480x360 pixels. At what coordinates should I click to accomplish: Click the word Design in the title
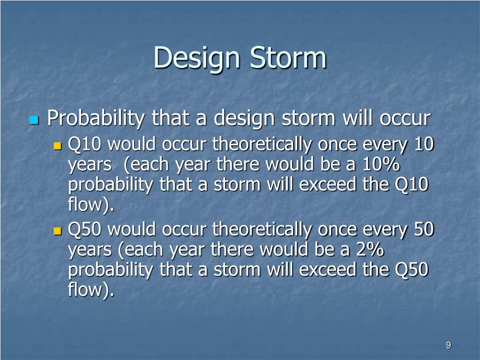[196, 59]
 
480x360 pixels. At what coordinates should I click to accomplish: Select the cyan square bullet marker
[34, 120]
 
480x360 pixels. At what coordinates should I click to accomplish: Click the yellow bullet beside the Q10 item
[57, 146]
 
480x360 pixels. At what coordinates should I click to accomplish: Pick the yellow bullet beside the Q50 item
[57, 231]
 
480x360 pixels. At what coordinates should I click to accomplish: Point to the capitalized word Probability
[96, 119]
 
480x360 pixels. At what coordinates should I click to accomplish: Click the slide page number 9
[449, 345]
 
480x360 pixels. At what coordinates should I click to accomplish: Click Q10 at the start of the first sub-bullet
[84, 144]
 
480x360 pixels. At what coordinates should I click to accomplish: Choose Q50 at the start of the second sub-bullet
[84, 229]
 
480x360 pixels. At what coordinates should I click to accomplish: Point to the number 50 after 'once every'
[424, 229]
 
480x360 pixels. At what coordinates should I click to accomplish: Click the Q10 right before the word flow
[412, 185]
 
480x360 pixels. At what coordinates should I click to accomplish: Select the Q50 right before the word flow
[412, 270]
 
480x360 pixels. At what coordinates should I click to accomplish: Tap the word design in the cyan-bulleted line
[244, 119]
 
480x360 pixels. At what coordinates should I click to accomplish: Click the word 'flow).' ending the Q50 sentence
[91, 289]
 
